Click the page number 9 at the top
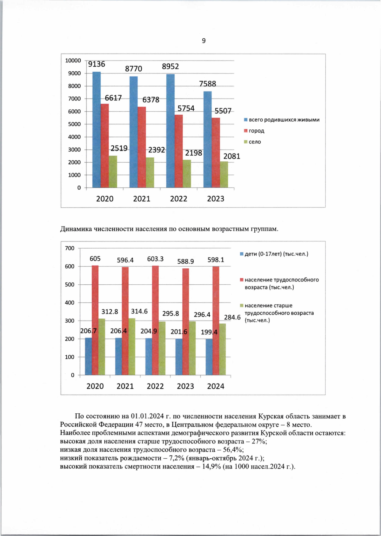(204, 41)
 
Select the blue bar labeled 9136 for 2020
(97, 130)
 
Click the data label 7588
(207, 84)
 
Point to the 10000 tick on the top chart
(73, 61)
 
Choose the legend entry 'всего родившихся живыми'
(284, 120)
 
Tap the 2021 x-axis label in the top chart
(142, 199)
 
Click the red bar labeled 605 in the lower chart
(95, 320)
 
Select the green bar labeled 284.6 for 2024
(222, 349)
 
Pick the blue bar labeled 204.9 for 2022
(149, 357)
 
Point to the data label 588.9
(185, 262)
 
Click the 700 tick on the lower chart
(70, 248)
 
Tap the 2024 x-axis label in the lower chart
(216, 386)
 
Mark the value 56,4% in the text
(233, 450)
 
